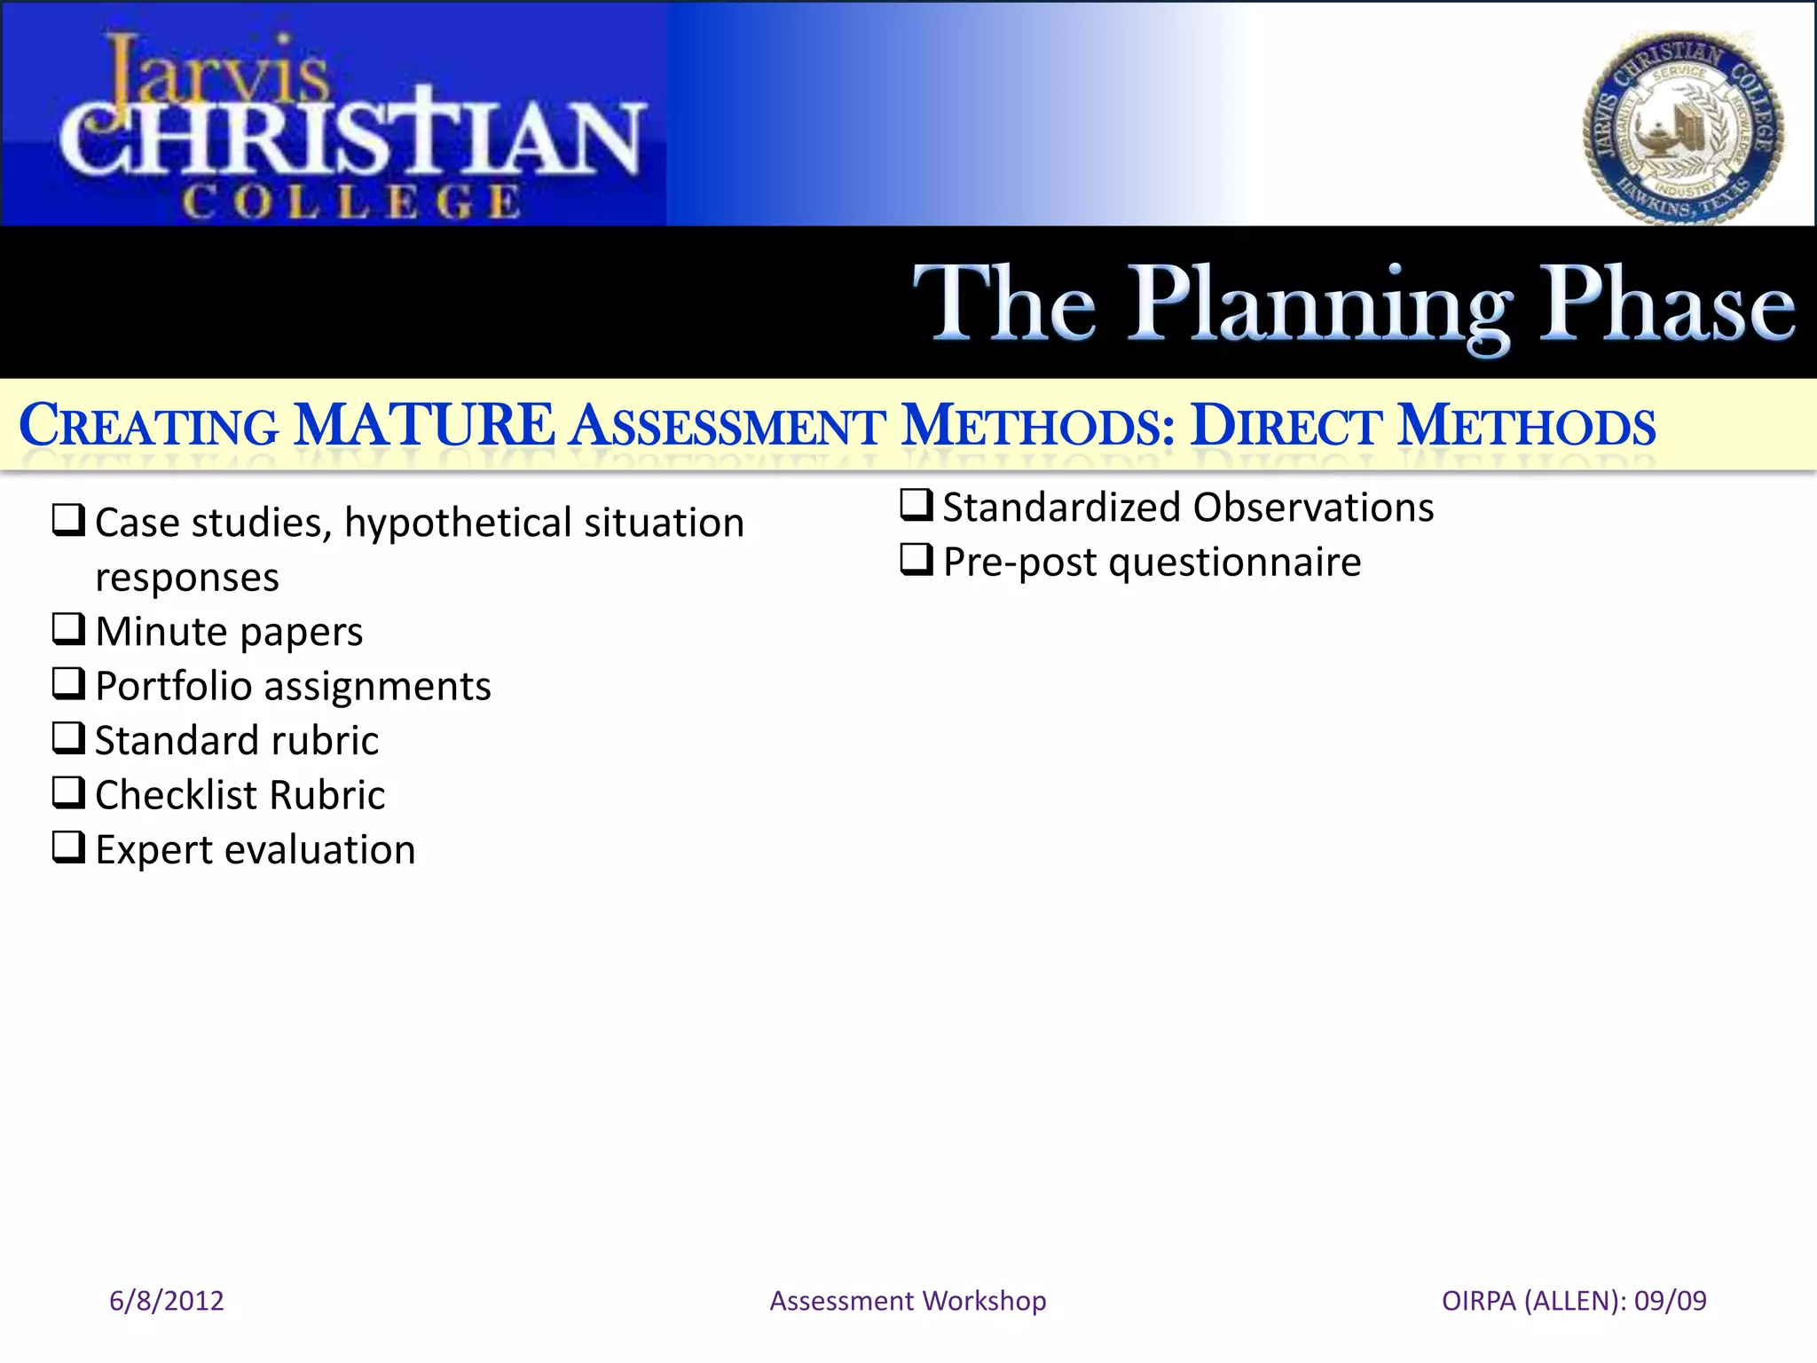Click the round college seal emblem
[x=1683, y=130]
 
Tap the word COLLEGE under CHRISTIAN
[x=351, y=201]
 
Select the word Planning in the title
[x=1320, y=306]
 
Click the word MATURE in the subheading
[x=424, y=425]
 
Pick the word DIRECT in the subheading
[x=1286, y=426]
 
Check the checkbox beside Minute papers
[x=68, y=629]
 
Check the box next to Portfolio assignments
[x=68, y=684]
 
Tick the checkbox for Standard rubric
[x=68, y=738]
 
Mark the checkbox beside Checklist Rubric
[x=68, y=792]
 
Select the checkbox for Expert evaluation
[x=68, y=847]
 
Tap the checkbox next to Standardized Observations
[x=916, y=505]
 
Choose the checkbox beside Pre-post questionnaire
[x=916, y=560]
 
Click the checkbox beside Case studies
[x=68, y=520]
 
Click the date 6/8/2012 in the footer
[x=167, y=1301]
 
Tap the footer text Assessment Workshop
[x=908, y=1301]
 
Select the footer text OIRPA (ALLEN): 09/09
[x=1574, y=1301]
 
